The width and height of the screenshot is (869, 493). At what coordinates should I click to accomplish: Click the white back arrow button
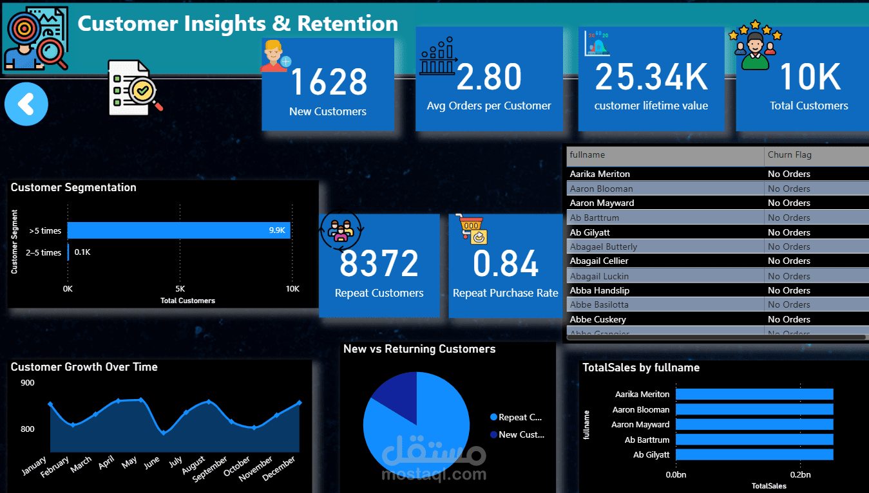26,104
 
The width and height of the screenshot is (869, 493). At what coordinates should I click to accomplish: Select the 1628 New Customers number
329,82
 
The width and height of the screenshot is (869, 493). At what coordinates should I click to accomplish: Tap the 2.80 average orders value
489,77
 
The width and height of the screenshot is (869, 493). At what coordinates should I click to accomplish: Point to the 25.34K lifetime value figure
651,77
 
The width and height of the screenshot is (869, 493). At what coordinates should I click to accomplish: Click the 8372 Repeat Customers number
379,264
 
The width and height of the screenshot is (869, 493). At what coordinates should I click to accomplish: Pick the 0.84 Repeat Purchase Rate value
505,264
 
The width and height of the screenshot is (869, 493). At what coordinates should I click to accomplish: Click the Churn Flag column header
789,154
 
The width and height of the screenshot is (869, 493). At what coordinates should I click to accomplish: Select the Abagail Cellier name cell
599,261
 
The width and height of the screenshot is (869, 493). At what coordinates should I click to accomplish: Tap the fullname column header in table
587,154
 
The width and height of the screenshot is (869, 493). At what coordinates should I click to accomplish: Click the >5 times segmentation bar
179,230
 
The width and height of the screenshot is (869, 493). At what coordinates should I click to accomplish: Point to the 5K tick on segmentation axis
180,289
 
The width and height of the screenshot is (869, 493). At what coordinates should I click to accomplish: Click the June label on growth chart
153,463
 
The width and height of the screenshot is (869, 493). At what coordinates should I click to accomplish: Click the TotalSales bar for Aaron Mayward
754,424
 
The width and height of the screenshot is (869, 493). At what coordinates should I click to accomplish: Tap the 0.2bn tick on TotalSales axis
800,474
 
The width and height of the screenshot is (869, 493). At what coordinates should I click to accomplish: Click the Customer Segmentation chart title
73,187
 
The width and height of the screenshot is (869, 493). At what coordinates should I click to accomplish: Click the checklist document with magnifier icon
135,88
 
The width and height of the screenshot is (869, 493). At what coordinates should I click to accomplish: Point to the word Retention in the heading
348,23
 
